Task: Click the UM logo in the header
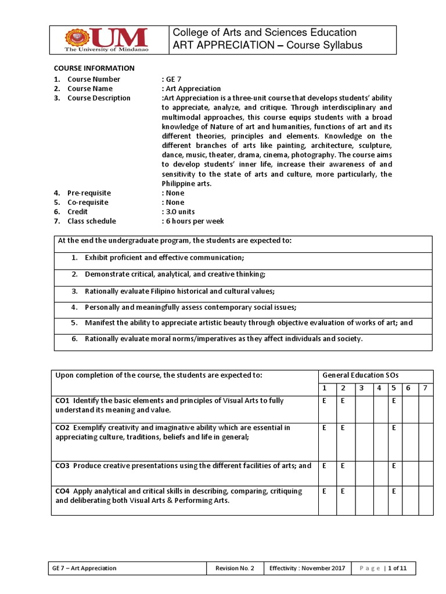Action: tap(106, 40)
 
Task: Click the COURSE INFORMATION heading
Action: tap(94, 68)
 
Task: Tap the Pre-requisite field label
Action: tap(89, 193)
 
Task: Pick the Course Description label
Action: tap(99, 98)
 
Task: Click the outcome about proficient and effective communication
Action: tap(164, 257)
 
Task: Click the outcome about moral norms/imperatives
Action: tap(224, 339)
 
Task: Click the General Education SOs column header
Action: tap(360, 375)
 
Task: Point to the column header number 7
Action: tap(426, 387)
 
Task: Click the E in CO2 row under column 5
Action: tap(394, 428)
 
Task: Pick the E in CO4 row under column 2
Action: tap(343, 491)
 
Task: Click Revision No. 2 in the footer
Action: tap(235, 568)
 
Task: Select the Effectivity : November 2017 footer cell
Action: tap(299, 568)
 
